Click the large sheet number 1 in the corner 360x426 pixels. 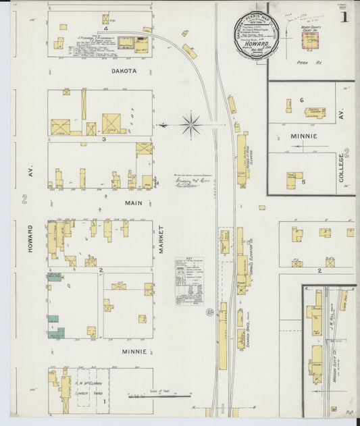tap(344, 18)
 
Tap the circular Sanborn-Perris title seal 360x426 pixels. tap(259, 36)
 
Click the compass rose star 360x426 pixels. tap(191, 125)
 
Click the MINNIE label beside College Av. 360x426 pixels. tap(304, 136)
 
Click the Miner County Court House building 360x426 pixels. tap(310, 40)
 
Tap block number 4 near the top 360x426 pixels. tap(105, 30)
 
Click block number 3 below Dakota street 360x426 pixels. tap(103, 139)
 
